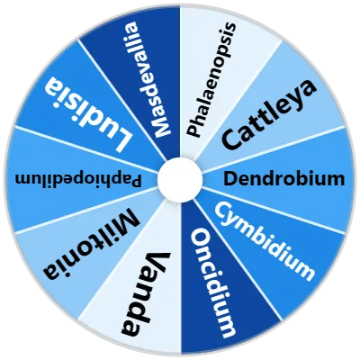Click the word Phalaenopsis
point(211,79)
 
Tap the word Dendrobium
point(284,179)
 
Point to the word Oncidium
point(214,283)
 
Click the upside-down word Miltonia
point(91,245)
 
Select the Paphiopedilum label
point(78,181)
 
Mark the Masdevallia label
point(148,79)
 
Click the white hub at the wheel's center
point(180,179)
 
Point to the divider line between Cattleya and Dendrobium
point(274,149)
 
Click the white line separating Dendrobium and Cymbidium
point(274,210)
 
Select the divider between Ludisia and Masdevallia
point(122,100)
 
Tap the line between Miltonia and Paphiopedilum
point(86,210)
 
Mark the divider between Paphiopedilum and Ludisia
point(86,149)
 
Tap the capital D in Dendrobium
point(230,179)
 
